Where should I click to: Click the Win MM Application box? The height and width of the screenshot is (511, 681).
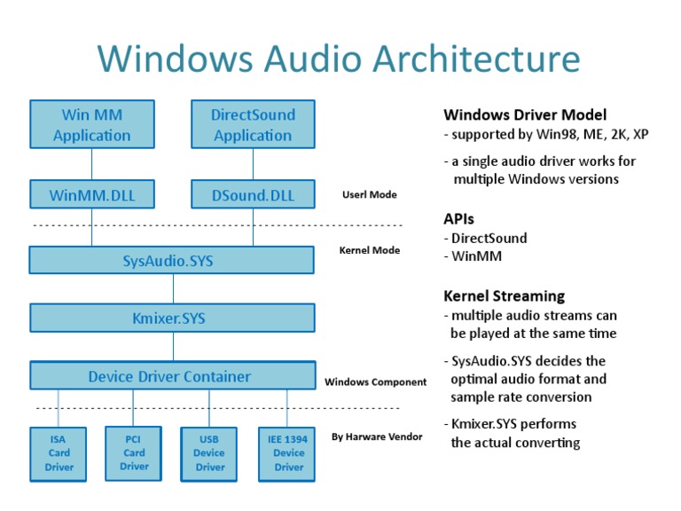coord(91,125)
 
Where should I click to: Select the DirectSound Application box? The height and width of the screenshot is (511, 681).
coord(253,125)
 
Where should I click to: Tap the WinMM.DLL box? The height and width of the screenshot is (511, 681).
coord(91,195)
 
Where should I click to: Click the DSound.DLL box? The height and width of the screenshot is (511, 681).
coord(253,195)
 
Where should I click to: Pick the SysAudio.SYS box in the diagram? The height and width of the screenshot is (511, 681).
coord(172,261)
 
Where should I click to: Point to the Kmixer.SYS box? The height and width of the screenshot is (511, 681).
coord(172,318)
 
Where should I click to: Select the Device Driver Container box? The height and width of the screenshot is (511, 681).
coord(172,376)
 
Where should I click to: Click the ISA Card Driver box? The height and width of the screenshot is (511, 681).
coord(59,452)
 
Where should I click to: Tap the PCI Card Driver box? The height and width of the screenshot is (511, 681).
coord(134,452)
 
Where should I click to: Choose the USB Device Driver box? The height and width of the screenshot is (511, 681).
coord(210,452)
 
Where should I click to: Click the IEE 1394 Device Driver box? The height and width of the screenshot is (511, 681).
coord(288,452)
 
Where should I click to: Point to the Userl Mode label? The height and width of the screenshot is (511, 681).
coord(369,194)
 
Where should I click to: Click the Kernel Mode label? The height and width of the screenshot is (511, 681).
coord(369,250)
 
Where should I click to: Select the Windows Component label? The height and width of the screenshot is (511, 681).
coord(375,382)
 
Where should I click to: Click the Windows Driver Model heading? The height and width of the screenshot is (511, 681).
coord(525,114)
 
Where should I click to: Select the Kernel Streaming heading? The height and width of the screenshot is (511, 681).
coord(504,296)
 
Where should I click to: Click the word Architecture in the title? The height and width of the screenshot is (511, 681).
coord(476,59)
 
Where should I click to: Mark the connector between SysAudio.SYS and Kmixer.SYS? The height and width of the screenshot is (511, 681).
coord(173,289)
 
